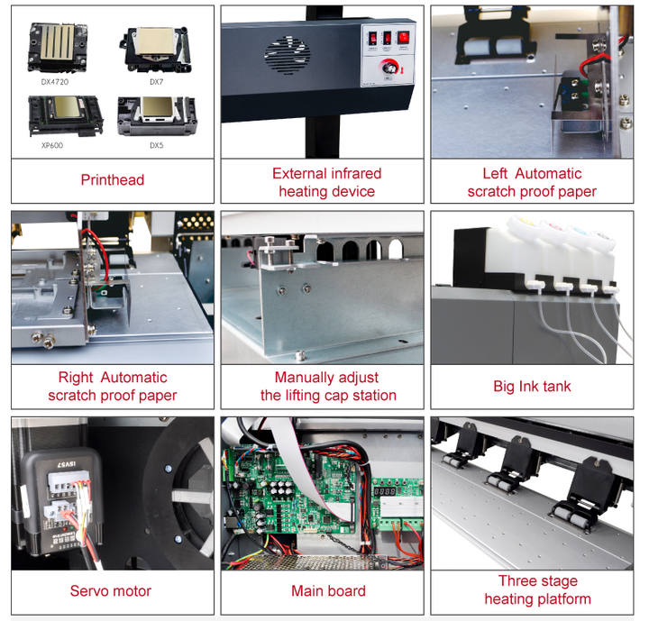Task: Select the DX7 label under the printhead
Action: pyautogui.click(x=156, y=81)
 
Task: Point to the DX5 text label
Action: pyautogui.click(x=156, y=144)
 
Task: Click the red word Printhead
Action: pyautogui.click(x=113, y=180)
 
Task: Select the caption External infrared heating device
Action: pyautogui.click(x=326, y=182)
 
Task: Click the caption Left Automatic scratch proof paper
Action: pyautogui.click(x=532, y=182)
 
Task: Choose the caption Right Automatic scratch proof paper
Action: pyautogui.click(x=113, y=386)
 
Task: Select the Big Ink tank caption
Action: pyautogui.click(x=532, y=386)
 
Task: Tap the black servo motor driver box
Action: pyautogui.click(x=54, y=491)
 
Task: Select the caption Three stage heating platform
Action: pyautogui.click(x=537, y=589)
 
